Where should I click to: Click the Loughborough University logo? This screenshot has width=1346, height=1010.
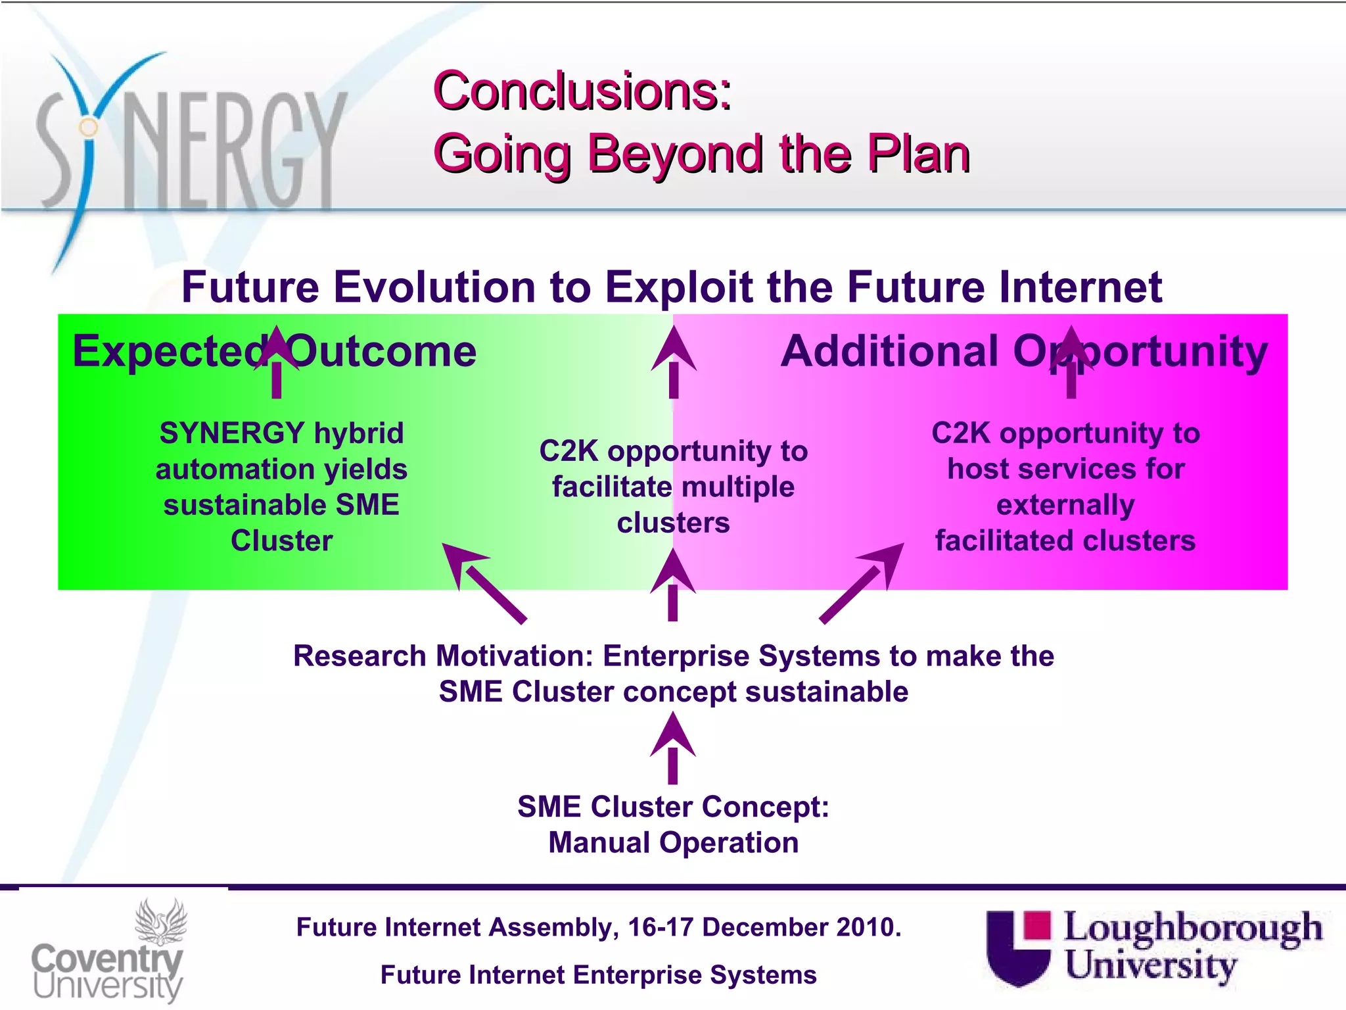coord(1154,947)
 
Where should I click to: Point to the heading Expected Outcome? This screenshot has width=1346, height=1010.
coord(274,351)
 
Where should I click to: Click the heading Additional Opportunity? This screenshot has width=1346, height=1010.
coord(1023,351)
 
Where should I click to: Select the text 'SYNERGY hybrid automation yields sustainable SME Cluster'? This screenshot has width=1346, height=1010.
coord(281,487)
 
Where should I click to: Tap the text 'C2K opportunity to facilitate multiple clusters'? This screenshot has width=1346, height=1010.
coord(673,487)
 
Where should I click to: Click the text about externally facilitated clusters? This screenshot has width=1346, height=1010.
coord(1065,487)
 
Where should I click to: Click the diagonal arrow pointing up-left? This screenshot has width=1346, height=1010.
coord(483,582)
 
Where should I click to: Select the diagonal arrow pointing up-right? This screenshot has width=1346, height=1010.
coord(862,582)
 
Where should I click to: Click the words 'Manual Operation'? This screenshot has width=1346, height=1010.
coord(673,843)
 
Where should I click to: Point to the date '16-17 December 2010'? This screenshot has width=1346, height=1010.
coord(764,927)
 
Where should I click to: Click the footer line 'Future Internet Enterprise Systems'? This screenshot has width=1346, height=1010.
coord(598,975)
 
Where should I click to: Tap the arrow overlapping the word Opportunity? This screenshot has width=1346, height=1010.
coord(1071,362)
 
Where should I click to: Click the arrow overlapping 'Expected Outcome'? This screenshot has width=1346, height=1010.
coord(277,362)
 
